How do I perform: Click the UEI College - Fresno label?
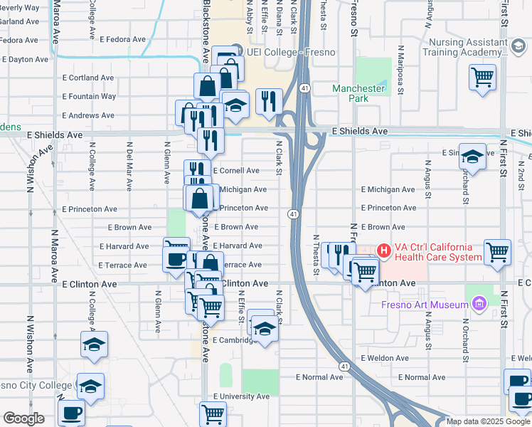pos(290,52)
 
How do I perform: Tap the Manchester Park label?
pos(360,93)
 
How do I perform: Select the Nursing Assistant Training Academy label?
pos(463,47)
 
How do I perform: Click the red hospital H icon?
pos(384,251)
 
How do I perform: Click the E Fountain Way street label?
pos(89,96)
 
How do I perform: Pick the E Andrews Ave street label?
pos(88,115)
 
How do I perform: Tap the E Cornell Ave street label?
pos(236,171)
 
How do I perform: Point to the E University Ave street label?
pos(241,396)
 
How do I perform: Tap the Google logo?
pos(23,418)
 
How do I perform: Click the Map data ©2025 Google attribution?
pos(488,421)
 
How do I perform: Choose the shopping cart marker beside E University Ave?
pos(213,413)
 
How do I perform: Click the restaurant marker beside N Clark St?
pos(269,100)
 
